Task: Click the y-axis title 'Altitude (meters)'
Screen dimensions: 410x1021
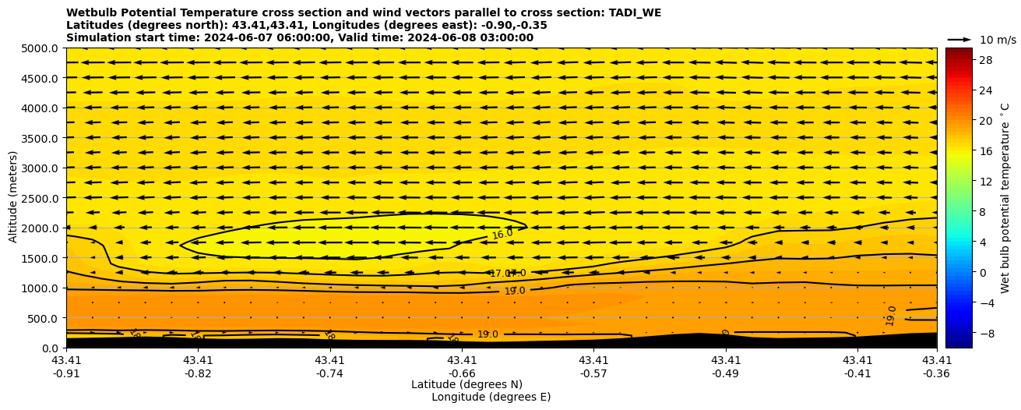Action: click(13, 198)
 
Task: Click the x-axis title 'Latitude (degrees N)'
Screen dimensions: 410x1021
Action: click(466, 384)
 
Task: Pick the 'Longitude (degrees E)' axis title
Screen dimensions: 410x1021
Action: click(491, 397)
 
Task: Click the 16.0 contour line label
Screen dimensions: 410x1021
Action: click(502, 234)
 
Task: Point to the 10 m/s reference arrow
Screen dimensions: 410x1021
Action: click(959, 39)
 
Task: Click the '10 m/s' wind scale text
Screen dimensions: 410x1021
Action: click(998, 40)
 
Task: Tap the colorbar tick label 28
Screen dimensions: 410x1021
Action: click(985, 60)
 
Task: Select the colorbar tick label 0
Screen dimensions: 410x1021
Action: click(982, 272)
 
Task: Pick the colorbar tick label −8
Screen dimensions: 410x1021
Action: click(985, 333)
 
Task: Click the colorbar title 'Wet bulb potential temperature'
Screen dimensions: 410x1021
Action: click(1005, 198)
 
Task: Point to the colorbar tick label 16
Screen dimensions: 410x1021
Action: click(985, 151)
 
